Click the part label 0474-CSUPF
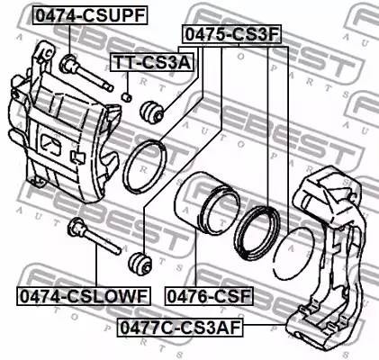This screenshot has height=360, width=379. (90, 15)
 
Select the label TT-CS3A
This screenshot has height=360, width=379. (152, 62)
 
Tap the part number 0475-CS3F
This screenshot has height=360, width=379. (232, 34)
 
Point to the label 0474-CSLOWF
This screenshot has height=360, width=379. (84, 296)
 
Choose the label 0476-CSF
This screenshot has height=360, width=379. (209, 296)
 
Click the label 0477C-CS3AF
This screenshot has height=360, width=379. (180, 328)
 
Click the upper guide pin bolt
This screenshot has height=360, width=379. (86, 73)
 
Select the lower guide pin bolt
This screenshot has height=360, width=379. (94, 237)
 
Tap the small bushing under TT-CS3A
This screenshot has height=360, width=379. (127, 97)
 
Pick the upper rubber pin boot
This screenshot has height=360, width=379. (152, 112)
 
